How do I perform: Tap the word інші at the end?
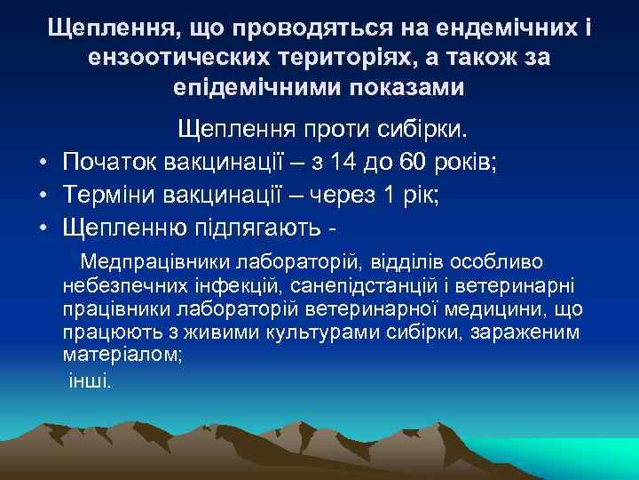89,380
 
